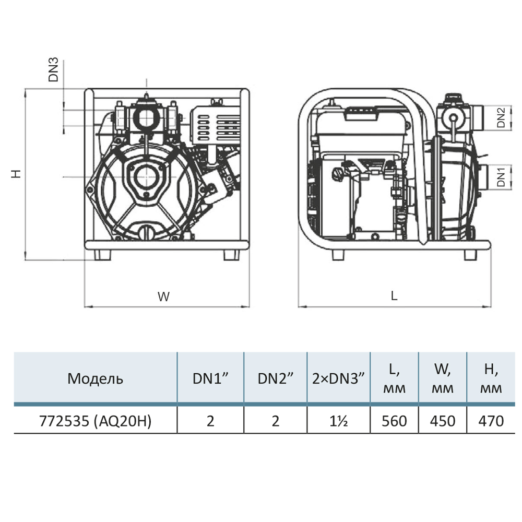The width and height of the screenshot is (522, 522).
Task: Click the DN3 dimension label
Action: tap(53, 69)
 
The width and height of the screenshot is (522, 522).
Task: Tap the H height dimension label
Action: tap(16, 173)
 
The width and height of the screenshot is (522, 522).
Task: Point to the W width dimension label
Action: tap(163, 296)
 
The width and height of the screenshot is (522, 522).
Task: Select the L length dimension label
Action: tap(394, 295)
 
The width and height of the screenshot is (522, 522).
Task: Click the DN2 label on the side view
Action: tap(501, 117)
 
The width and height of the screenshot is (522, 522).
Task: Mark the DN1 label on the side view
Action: tap(501, 177)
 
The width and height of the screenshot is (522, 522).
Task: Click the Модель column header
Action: tap(95, 379)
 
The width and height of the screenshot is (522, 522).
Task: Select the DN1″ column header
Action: tap(210, 378)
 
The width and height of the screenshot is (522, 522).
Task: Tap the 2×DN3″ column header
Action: tap(338, 378)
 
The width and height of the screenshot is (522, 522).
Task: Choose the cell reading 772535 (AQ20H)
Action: tap(95, 421)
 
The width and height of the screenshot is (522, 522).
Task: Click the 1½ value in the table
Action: tap(339, 421)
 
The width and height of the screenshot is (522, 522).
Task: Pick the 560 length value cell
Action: tap(394, 421)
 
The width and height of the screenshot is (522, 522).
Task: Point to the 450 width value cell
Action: tap(443, 421)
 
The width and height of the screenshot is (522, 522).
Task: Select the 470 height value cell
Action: tap(491, 421)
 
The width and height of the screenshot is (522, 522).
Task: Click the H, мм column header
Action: tap(491, 378)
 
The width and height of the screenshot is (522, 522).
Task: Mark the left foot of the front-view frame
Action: tap(102, 255)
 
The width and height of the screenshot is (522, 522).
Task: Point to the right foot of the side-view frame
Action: tap(470, 255)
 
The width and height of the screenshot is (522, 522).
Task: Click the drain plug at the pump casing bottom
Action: tap(146, 231)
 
